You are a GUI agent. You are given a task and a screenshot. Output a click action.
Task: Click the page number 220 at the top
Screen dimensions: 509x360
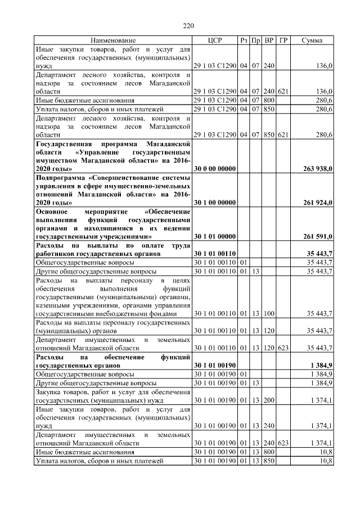click(x=188, y=25)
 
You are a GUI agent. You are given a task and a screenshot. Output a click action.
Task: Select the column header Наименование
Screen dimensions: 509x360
click(x=112, y=41)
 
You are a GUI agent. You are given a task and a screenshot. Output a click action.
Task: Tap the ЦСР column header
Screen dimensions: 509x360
click(x=215, y=41)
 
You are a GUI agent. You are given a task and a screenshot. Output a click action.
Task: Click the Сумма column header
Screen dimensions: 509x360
click(x=312, y=41)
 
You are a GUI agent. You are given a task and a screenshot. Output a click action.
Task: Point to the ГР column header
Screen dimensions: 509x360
click(x=283, y=41)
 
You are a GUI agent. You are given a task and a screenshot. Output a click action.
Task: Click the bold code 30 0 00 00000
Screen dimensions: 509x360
click(x=215, y=169)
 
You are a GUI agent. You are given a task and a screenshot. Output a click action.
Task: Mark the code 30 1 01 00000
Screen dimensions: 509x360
click(x=215, y=236)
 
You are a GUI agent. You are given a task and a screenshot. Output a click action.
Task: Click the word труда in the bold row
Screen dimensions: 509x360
click(x=179, y=246)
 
